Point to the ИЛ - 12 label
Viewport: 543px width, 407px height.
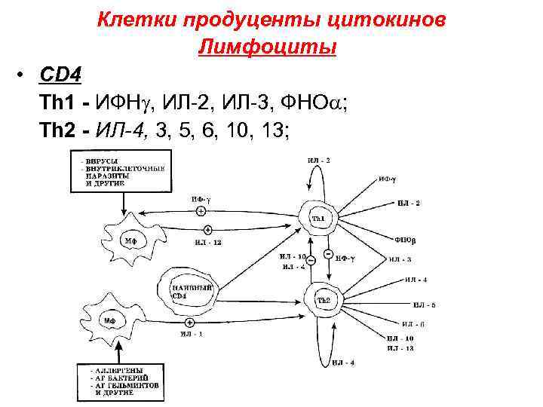coord(208,243)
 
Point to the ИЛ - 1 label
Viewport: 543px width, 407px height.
coord(191,334)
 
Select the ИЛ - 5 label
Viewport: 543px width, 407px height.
coord(423,305)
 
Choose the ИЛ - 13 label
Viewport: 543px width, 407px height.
coord(400,349)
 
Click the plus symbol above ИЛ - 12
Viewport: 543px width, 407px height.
coord(208,229)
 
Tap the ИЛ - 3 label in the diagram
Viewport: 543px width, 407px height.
coord(400,260)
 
